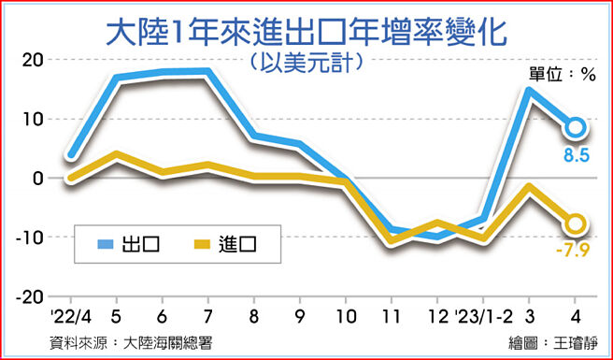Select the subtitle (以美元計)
click(306, 64)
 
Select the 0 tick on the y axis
click(37, 179)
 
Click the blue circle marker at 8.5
click(576, 127)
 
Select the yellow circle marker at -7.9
click(576, 223)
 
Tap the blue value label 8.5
click(576, 155)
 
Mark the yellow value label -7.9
click(573, 251)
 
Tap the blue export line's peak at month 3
click(529, 92)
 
